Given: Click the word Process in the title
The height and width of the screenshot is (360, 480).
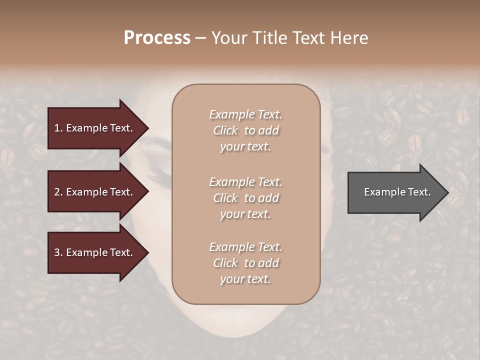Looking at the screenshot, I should (157, 38).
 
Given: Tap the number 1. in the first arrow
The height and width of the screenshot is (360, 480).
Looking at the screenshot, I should (58, 128).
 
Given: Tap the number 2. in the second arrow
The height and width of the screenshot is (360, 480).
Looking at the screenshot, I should (58, 192).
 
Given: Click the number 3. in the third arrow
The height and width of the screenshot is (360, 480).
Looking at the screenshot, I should (58, 252).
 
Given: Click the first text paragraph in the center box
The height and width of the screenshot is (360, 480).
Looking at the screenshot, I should (245, 130).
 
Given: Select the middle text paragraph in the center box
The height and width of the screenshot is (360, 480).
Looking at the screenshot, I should (245, 197).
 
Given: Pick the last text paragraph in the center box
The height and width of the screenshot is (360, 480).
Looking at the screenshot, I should (245, 263).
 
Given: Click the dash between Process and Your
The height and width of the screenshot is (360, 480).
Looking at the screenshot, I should (200, 38).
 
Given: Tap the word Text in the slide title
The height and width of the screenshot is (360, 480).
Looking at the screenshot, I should (308, 38).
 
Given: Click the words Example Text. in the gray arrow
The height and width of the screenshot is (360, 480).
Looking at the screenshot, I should (397, 192).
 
